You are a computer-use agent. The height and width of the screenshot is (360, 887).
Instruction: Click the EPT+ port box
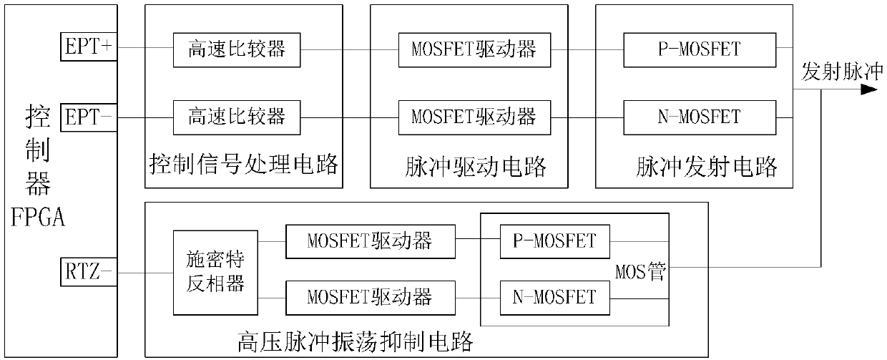[x=87, y=48]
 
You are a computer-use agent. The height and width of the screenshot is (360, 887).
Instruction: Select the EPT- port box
[x=87, y=115]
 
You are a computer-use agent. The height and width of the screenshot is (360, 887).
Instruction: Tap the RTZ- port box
[x=87, y=272]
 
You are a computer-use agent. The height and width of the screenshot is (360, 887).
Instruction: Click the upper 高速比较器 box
[x=237, y=49]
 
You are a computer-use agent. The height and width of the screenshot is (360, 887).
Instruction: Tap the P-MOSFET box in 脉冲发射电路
[x=699, y=49]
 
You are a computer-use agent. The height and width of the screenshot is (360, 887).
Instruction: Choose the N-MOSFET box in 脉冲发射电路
[x=699, y=115]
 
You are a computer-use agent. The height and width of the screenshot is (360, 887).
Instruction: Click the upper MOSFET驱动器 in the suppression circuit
[x=369, y=241]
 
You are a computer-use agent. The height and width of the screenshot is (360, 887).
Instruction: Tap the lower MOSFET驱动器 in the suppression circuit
[x=369, y=296]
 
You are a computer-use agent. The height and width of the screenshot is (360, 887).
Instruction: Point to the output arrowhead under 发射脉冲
[x=868, y=90]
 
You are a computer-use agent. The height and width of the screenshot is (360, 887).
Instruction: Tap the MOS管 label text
[x=640, y=271]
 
